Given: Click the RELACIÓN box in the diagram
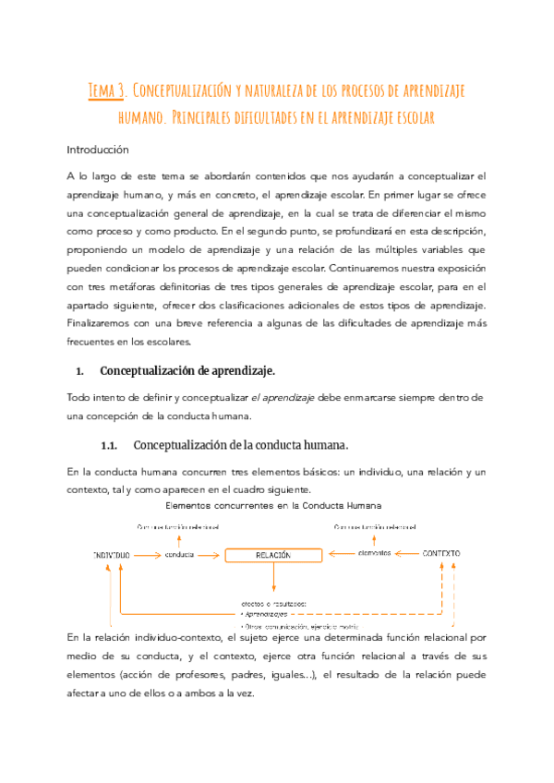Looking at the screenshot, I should (273, 555).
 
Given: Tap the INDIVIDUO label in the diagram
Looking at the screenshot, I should (111, 555).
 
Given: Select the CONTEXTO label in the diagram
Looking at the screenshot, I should (441, 554).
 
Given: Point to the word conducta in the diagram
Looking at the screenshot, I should (180, 555).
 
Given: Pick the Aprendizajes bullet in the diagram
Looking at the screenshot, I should (264, 613).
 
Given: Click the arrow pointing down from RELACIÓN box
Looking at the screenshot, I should (274, 578).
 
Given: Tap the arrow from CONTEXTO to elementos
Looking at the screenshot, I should (406, 554).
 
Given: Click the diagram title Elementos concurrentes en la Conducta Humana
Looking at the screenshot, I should (273, 506).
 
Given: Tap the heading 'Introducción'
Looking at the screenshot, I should (98, 150).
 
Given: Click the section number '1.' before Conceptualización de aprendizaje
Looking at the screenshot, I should (79, 371).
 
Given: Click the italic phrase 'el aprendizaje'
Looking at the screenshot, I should (283, 397).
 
